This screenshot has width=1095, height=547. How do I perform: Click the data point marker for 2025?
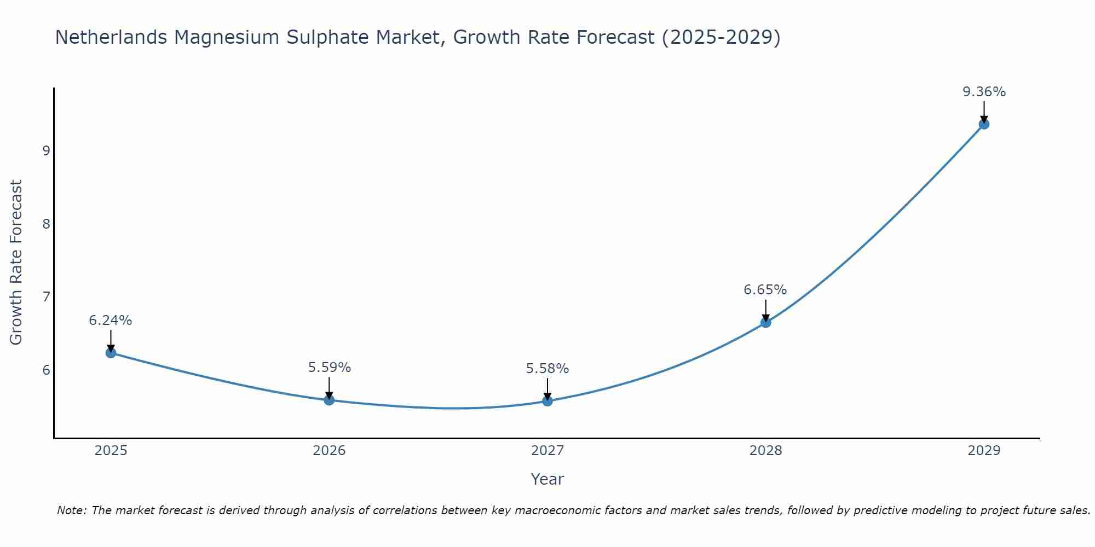click(x=111, y=353)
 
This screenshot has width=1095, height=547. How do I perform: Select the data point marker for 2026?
click(x=329, y=400)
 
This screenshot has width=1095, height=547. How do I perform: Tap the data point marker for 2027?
click(x=547, y=401)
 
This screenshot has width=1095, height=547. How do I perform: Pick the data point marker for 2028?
click(x=765, y=323)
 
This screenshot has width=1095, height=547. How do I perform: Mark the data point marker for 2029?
click(x=984, y=124)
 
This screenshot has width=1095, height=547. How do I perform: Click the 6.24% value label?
click(x=111, y=321)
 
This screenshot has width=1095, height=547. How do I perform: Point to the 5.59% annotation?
click(x=329, y=368)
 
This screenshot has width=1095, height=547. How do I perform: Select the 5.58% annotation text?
click(x=547, y=369)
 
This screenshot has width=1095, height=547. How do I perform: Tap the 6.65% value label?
click(x=765, y=290)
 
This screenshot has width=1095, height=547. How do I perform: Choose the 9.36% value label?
click(x=984, y=92)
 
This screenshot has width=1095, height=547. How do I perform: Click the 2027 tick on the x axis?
click(x=547, y=451)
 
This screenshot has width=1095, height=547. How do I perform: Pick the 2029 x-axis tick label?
click(x=984, y=451)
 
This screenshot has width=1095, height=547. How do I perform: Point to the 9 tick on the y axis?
click(x=46, y=150)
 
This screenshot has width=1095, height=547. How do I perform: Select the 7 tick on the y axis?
click(x=46, y=297)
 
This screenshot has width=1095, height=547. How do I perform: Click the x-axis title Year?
click(x=547, y=479)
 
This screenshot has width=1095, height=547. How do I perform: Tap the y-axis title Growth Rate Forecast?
click(x=16, y=263)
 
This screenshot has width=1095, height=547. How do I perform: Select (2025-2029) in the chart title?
click(x=721, y=37)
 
